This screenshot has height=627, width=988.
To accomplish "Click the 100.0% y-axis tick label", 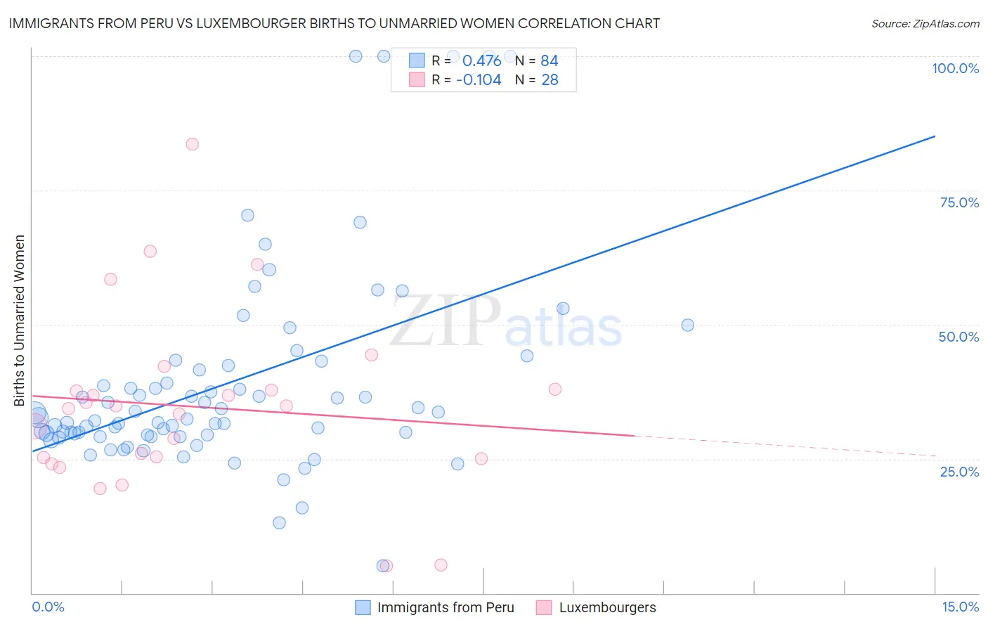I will tap(955, 68).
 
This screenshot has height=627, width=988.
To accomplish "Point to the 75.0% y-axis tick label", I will tap(959, 202).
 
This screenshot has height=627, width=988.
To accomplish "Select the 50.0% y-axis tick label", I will tap(958, 337).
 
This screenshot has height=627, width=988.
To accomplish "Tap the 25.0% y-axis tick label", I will tap(959, 472).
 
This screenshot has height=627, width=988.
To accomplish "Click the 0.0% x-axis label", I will tap(48, 607).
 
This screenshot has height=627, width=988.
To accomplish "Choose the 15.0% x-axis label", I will tap(960, 607).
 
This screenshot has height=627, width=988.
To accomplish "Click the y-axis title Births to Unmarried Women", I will tap(19, 321).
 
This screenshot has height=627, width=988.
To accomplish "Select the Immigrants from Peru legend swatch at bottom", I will tap(363, 607).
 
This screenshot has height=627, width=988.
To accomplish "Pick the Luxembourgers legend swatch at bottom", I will tap(544, 607).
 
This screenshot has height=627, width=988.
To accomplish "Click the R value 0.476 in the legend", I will tap(481, 60).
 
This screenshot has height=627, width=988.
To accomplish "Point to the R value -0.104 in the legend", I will tap(479, 79).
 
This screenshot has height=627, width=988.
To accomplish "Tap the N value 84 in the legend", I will tap(550, 60).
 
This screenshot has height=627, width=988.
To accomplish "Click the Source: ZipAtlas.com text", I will tap(925, 24).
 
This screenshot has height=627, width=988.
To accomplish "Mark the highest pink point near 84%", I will tap(192, 144).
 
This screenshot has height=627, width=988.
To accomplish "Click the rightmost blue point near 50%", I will tap(687, 325).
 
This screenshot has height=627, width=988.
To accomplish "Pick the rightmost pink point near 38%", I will tap(555, 389).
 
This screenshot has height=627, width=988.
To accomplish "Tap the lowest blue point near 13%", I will tap(279, 523).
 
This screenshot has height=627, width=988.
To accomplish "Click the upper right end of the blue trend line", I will tap(935, 136).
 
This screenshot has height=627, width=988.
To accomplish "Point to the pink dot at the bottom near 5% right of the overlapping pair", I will tap(441, 565).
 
